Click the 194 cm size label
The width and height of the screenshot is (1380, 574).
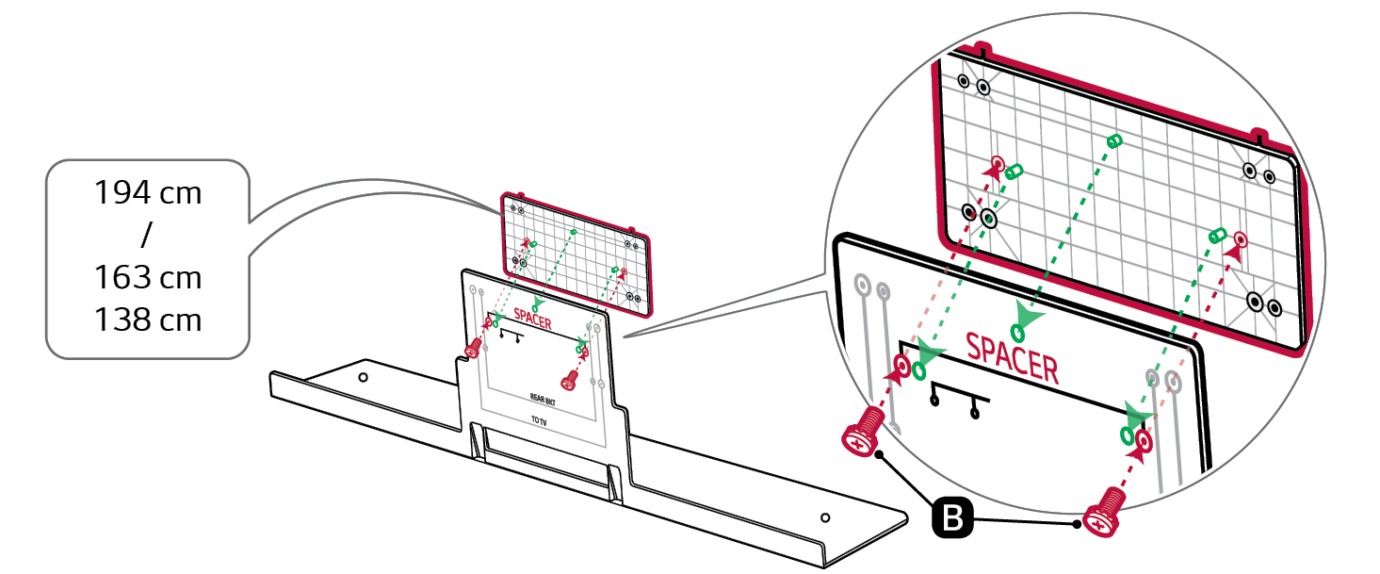148,193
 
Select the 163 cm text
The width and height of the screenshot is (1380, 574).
148,277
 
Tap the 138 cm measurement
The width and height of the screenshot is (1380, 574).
148,320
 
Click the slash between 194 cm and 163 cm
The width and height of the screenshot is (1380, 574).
147,235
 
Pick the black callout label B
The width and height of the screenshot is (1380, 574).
952,517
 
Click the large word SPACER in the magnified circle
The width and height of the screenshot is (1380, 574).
1013,358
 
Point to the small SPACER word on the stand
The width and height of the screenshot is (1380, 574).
533,320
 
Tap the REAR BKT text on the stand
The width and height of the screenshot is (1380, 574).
543,401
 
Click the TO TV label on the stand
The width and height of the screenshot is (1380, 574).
539,420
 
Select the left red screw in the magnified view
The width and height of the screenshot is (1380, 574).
863,431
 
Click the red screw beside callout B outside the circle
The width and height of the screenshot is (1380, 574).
1101,513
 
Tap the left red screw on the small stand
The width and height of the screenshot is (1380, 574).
474,348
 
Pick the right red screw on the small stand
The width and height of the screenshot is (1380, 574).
569,380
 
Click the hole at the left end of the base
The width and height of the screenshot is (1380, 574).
364,377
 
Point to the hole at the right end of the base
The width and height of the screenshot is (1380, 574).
825,517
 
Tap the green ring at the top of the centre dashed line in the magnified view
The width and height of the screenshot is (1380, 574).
1114,141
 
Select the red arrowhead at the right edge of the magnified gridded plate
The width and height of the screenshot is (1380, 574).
1234,253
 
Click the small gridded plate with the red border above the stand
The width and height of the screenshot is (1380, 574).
576,254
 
